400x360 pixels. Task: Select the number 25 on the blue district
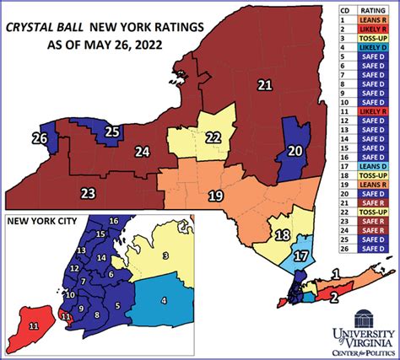pyautogui.click(x=112, y=132)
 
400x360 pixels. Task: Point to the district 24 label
pyautogui.click(x=142, y=153)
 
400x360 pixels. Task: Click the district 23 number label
pyautogui.click(x=88, y=194)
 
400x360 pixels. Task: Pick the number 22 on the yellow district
pyautogui.click(x=214, y=137)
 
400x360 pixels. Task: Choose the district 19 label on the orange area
pyautogui.click(x=216, y=196)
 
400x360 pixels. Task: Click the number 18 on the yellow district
pyautogui.click(x=283, y=235)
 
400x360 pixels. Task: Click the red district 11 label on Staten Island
pyautogui.click(x=34, y=325)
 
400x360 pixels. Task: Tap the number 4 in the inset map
pyautogui.click(x=164, y=300)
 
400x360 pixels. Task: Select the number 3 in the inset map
pyautogui.click(x=166, y=255)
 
